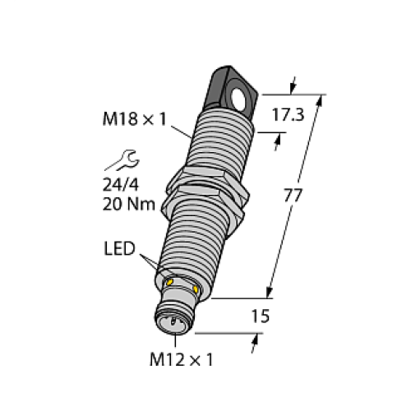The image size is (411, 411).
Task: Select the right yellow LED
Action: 196,289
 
